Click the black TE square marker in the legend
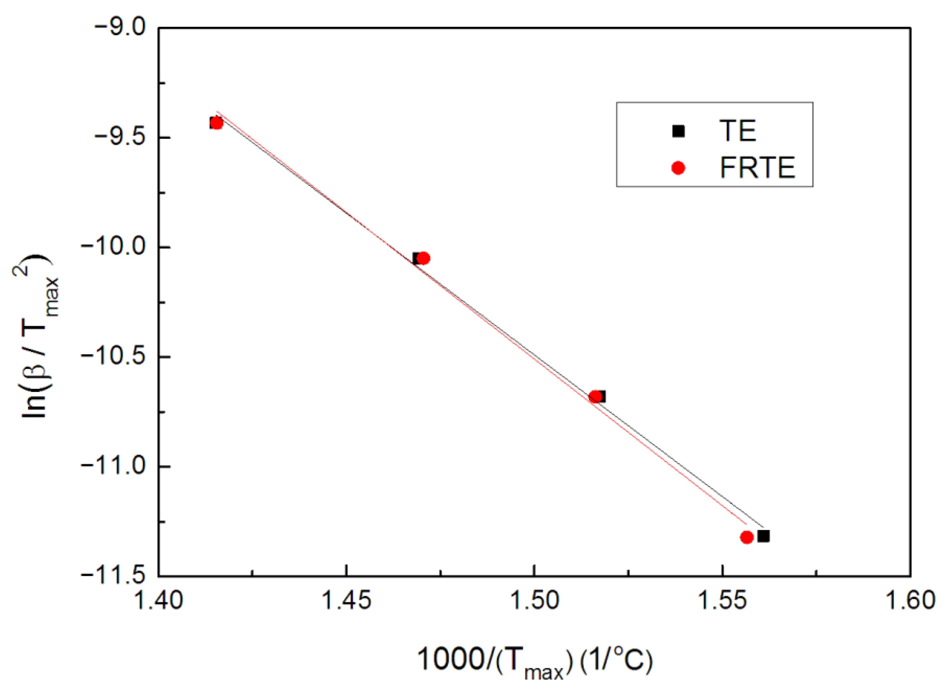coord(678,131)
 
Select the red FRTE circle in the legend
coord(678,168)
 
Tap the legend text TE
coord(737,131)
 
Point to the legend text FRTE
coord(758,168)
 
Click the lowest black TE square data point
coord(763,536)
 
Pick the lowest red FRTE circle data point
coord(746,537)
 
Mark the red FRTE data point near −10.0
coord(423,258)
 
